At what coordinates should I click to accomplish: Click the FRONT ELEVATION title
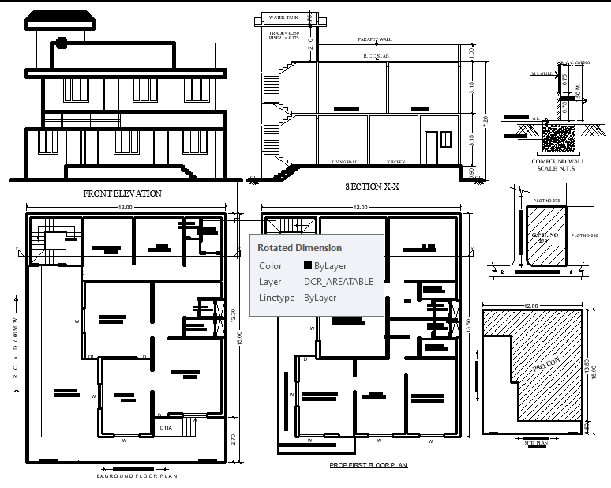[x=122, y=193]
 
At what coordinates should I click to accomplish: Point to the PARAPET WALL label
[x=374, y=39]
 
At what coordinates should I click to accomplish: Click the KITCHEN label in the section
[x=396, y=162]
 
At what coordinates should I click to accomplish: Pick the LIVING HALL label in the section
[x=344, y=162]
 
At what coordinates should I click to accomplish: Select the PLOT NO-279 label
[x=546, y=201]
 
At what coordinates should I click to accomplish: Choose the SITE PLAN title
[x=536, y=445]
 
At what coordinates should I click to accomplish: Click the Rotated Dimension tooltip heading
[x=300, y=248]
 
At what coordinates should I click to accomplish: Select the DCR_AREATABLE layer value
[x=339, y=281]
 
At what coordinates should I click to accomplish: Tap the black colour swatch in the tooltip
[x=309, y=266]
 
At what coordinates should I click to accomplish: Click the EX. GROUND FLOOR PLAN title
[x=137, y=476]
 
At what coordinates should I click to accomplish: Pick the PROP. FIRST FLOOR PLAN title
[x=369, y=466]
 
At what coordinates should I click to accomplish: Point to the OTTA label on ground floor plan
[x=166, y=427]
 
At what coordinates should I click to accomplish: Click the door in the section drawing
[x=430, y=147]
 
